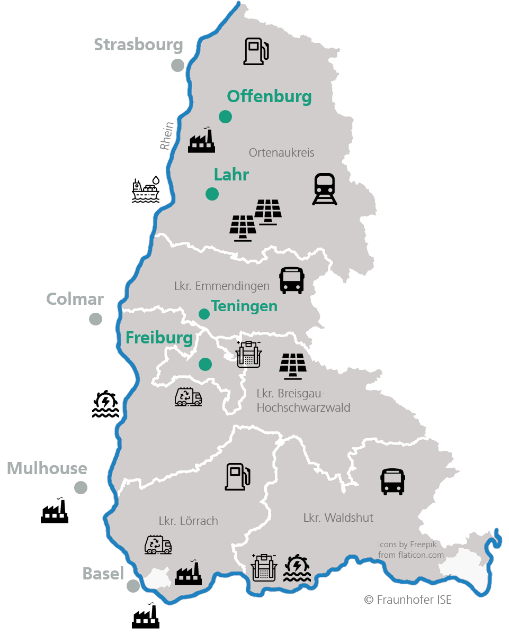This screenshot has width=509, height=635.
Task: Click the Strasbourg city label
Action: pyautogui.click(x=138, y=45)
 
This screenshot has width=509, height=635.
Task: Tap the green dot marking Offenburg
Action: pyautogui.click(x=226, y=116)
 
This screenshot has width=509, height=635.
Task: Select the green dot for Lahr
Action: pyautogui.click(x=212, y=194)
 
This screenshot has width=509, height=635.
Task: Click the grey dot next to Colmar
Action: pyautogui.click(x=95, y=319)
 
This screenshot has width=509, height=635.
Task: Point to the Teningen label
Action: pyautogui.click(x=244, y=306)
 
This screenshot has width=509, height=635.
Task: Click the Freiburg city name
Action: pyautogui.click(x=159, y=338)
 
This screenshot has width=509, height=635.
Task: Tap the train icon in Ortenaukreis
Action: pyautogui.click(x=325, y=189)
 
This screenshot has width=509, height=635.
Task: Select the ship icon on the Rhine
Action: pyautogui.click(x=146, y=190)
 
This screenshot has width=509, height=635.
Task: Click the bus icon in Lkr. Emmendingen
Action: pyautogui.click(x=292, y=280)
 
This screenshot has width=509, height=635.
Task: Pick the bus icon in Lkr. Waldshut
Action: pyautogui.click(x=392, y=482)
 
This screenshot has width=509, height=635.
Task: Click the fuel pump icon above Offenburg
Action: pyautogui.click(x=256, y=51)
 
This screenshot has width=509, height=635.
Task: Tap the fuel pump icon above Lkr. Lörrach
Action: pyautogui.click(x=237, y=476)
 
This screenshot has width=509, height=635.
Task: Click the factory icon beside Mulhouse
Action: pyautogui.click(x=55, y=511)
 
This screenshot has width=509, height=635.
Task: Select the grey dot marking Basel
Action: pyautogui.click(x=133, y=586)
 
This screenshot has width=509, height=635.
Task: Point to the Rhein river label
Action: pyautogui.click(x=167, y=136)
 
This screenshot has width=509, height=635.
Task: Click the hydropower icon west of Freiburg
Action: pyautogui.click(x=105, y=404)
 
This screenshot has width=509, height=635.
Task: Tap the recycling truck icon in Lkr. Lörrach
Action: pyautogui.click(x=158, y=545)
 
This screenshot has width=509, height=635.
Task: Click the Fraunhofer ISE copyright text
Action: pyautogui.click(x=408, y=600)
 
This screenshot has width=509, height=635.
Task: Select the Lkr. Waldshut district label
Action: pyautogui.click(x=338, y=518)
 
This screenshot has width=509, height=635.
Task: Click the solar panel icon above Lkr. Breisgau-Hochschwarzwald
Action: pyautogui.click(x=293, y=366)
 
